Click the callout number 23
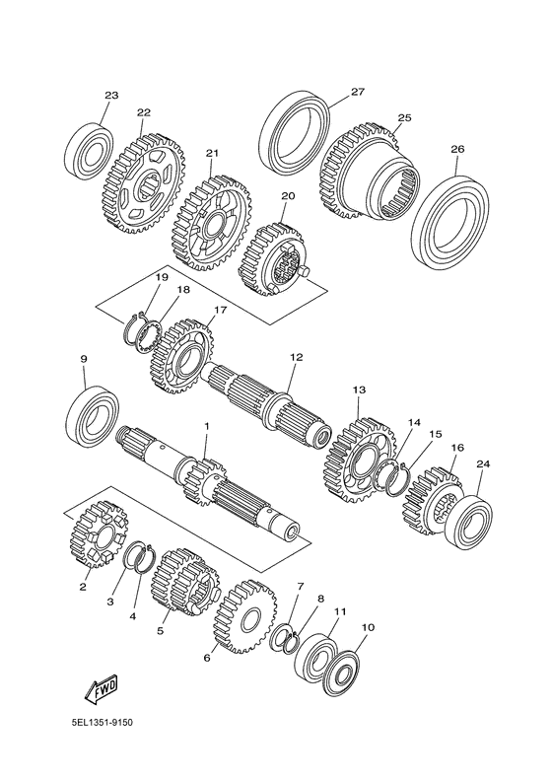click(111, 96)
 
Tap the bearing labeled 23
click(87, 150)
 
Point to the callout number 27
click(357, 92)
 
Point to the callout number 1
click(207, 426)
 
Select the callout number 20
click(288, 196)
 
